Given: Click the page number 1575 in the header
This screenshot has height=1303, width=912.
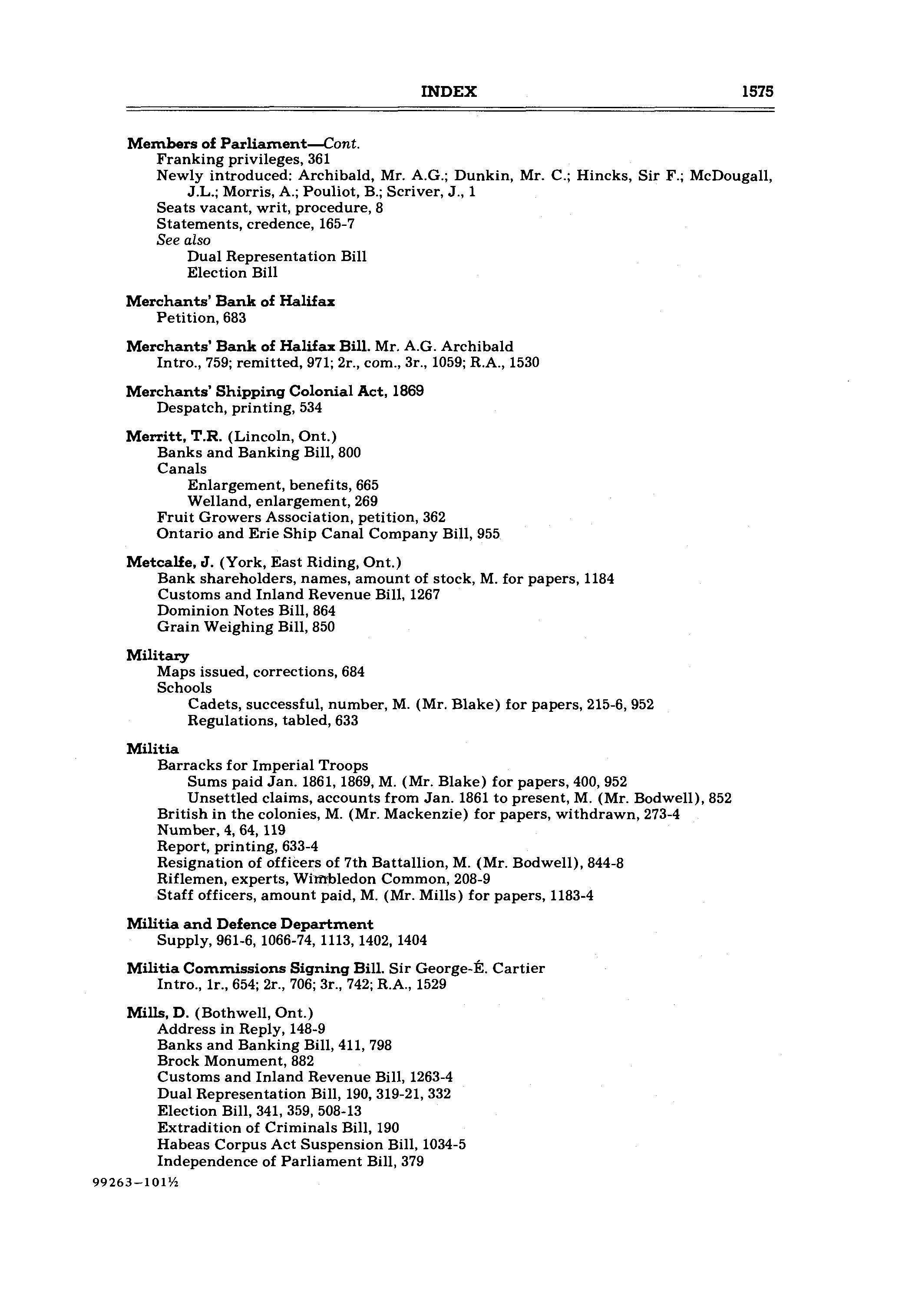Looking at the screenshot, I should [x=757, y=92].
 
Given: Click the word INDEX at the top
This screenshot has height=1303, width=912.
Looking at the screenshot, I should [x=448, y=92].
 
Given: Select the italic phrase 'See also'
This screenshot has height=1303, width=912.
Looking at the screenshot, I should [x=183, y=240].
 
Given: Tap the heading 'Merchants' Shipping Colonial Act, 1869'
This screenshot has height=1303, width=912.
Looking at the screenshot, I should [x=274, y=392].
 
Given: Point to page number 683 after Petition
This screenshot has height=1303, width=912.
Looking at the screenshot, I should [x=235, y=318].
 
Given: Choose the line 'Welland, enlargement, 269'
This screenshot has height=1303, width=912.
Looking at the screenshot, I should [x=282, y=501].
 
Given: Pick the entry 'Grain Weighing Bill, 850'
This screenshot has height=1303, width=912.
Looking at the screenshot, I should [x=246, y=627].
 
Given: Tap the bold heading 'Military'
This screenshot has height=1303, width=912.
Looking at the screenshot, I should [x=158, y=655].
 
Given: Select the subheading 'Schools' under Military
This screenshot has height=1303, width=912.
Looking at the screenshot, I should [x=185, y=688].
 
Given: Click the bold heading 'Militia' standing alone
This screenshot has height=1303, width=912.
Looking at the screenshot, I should [x=152, y=749].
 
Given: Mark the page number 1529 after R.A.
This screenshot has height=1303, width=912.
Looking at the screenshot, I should [x=431, y=985].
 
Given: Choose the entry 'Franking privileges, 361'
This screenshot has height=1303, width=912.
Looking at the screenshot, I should [x=243, y=159].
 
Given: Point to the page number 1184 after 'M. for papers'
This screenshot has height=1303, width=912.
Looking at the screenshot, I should [x=599, y=579].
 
